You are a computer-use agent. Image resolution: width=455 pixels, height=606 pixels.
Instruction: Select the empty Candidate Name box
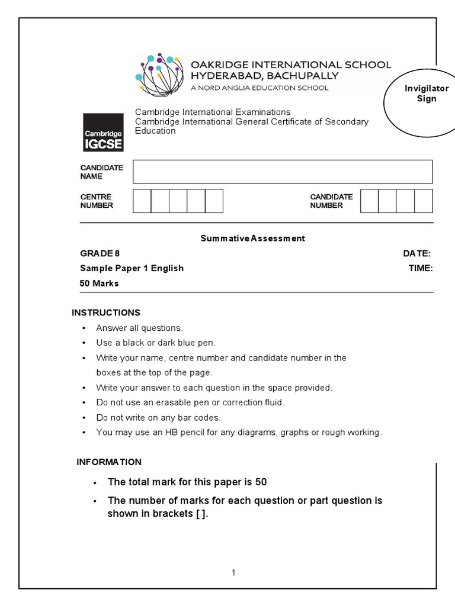(283, 172)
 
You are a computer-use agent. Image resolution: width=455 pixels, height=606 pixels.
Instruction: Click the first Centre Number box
(142, 201)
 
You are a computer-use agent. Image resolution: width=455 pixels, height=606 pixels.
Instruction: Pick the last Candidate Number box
(424, 201)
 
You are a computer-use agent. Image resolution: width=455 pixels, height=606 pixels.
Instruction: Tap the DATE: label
(417, 253)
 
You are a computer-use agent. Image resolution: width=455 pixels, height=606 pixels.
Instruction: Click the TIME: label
(420, 268)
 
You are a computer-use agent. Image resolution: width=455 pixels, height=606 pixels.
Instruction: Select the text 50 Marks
(100, 283)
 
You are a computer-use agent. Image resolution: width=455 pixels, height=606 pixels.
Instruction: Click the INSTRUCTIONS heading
(106, 312)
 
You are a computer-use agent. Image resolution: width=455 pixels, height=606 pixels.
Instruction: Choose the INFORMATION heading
(109, 462)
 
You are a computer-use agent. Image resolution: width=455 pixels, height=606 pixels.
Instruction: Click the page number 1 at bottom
(234, 572)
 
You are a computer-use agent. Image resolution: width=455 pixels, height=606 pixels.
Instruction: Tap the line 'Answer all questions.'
(140, 328)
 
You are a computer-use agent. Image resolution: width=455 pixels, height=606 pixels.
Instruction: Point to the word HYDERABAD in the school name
(225, 76)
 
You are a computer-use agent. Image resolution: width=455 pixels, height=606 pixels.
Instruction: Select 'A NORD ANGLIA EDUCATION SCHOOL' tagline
(259, 88)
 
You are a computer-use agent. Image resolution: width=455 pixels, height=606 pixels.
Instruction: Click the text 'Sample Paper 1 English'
(132, 268)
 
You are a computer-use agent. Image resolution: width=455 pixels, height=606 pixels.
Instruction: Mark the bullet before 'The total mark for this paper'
(95, 483)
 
